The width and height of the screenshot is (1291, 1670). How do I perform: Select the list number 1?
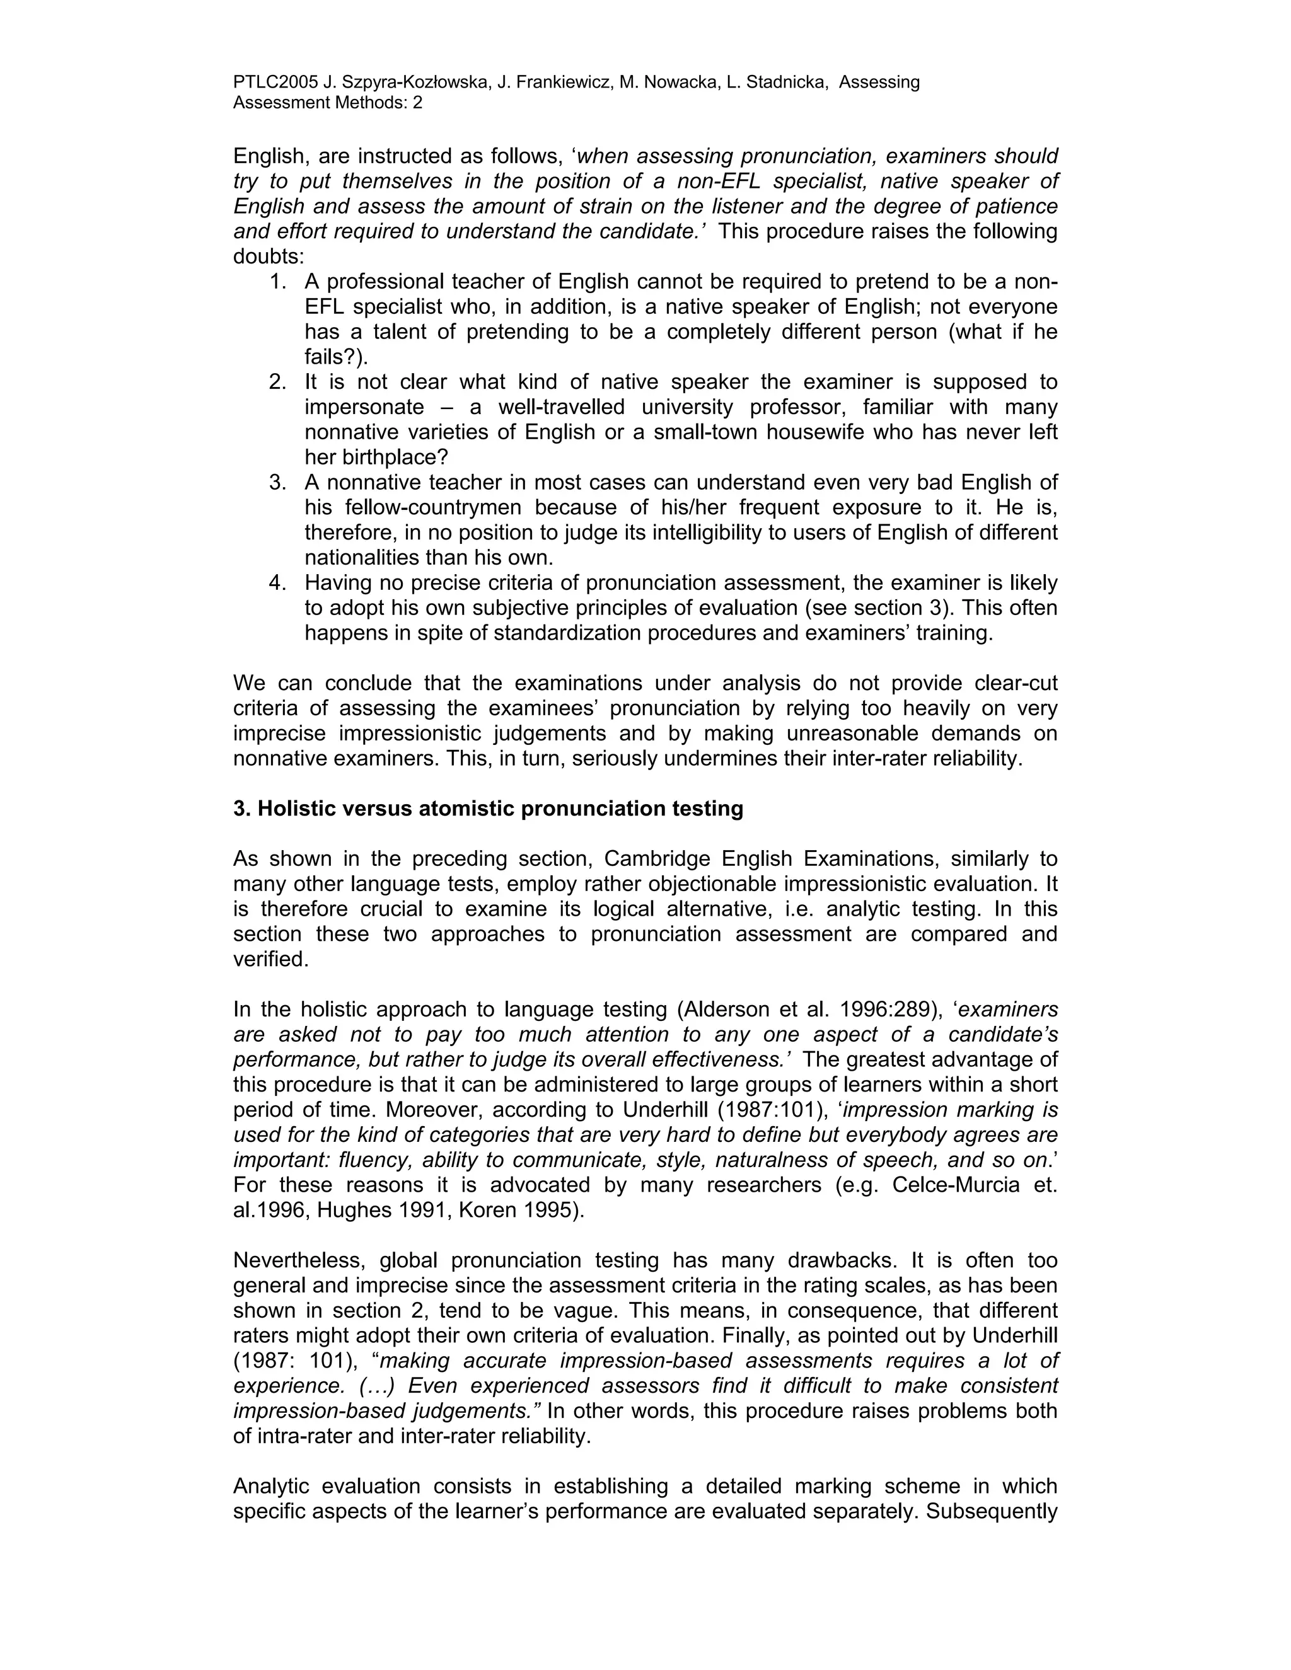pyautogui.click(x=277, y=282)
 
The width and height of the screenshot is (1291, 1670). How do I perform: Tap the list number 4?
pyautogui.click(x=277, y=584)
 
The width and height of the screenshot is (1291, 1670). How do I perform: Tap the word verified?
pyautogui.click(x=270, y=960)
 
